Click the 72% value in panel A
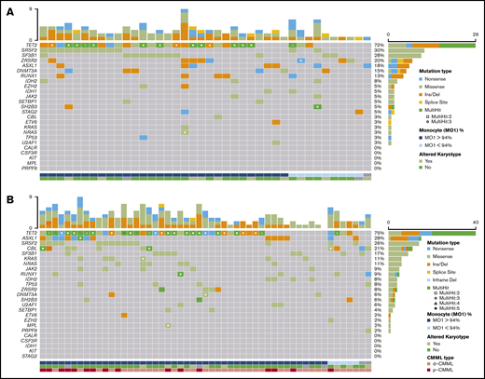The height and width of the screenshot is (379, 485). (380, 45)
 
